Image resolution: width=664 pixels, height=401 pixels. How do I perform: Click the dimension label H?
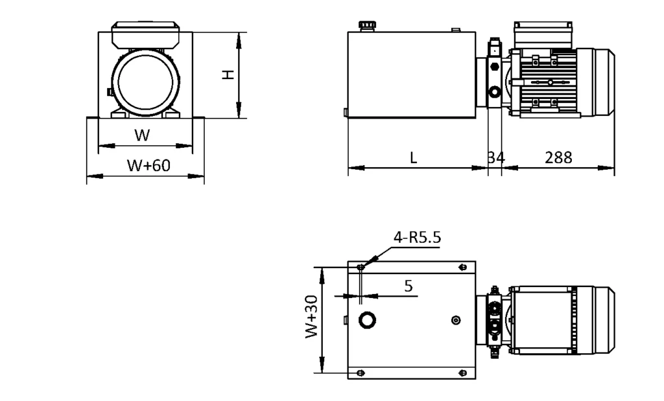pyautogui.click(x=228, y=74)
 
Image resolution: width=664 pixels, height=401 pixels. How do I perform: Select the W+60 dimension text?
pyautogui.click(x=148, y=165)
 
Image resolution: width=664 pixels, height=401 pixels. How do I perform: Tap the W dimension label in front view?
pyautogui.click(x=142, y=135)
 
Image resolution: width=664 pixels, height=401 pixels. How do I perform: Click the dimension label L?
pyautogui.click(x=414, y=157)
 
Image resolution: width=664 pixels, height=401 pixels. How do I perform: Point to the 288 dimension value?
pyautogui.click(x=558, y=157)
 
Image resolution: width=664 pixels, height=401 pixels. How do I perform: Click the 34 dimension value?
pyautogui.click(x=495, y=157)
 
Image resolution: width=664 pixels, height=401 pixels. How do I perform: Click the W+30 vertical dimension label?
pyautogui.click(x=312, y=317)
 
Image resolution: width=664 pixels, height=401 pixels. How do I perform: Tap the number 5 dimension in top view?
pyautogui.click(x=409, y=286)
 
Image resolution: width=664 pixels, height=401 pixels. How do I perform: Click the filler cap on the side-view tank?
pyautogui.click(x=368, y=26)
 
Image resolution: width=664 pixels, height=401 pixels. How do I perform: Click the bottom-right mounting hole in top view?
pyautogui.click(x=462, y=372)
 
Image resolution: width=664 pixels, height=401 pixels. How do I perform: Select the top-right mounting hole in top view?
pyautogui.click(x=462, y=267)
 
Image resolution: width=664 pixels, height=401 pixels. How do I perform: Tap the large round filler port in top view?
pyautogui.click(x=368, y=320)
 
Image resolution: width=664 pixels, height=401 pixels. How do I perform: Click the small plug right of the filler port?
pyautogui.click(x=456, y=320)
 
